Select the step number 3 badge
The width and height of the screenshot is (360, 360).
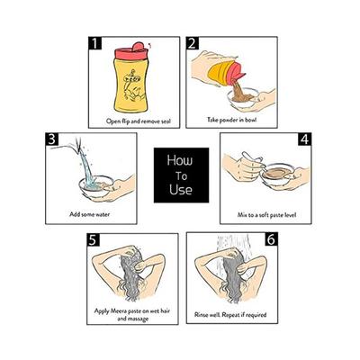[x=29, y=140]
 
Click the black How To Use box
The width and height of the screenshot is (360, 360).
[x=179, y=176]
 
